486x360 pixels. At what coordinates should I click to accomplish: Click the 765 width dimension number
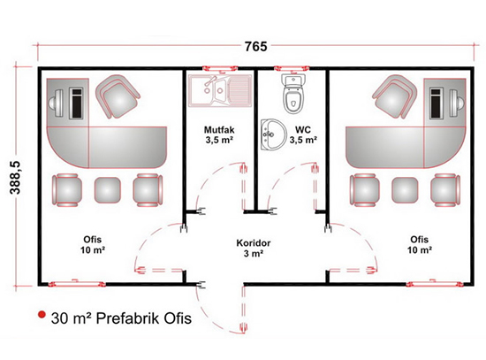click(255, 47)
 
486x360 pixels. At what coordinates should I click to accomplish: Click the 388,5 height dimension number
click(15, 177)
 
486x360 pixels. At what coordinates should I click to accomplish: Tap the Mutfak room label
click(219, 129)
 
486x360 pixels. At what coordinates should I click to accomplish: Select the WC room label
click(303, 129)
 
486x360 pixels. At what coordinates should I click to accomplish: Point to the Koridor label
click(254, 242)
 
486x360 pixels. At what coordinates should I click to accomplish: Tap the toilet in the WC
click(292, 94)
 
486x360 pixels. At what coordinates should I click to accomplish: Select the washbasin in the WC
click(273, 134)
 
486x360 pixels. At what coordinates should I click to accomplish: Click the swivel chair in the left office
click(118, 96)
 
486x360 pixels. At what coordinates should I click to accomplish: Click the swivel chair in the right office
click(395, 96)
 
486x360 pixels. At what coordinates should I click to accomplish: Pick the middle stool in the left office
click(107, 190)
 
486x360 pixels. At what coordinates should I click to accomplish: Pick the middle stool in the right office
click(405, 190)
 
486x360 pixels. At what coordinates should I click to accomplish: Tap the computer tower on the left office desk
click(76, 103)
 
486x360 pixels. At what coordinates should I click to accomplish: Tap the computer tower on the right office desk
click(437, 103)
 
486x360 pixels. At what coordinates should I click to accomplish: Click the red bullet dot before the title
click(42, 315)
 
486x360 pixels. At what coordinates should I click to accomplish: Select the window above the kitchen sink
click(219, 67)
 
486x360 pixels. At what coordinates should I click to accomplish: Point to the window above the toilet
click(292, 67)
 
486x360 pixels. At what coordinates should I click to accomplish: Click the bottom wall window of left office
click(77, 283)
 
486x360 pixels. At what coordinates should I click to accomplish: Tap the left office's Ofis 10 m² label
click(93, 244)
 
